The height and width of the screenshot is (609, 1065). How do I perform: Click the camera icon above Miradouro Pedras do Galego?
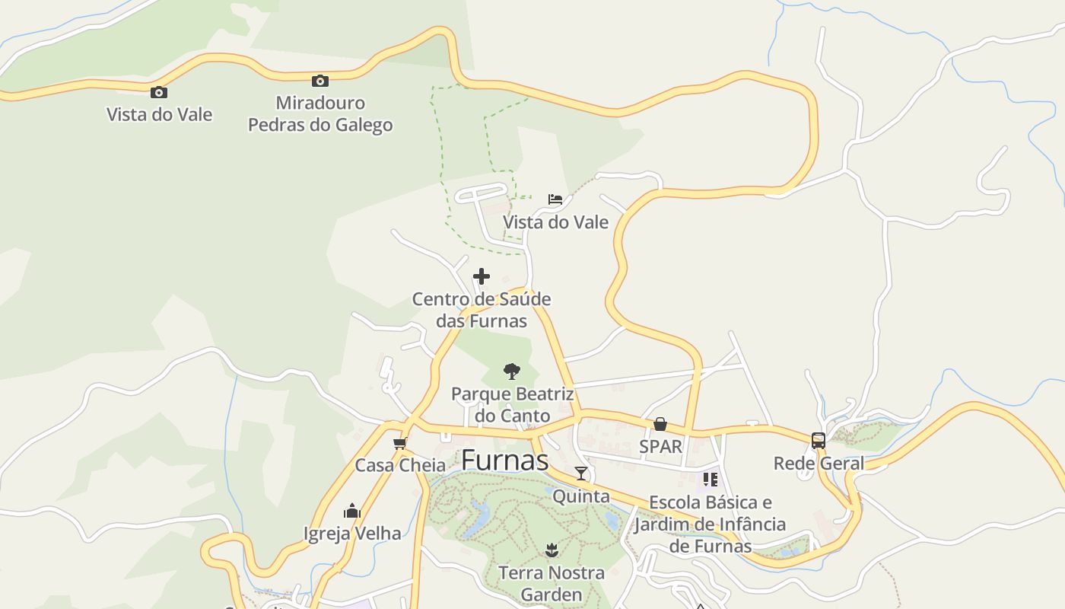tap(320, 81)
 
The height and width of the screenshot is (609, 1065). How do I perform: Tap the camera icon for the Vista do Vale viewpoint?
tap(159, 93)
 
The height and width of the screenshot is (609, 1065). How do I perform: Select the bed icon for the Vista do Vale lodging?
tap(555, 199)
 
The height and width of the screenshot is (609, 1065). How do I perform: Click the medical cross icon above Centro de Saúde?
tap(482, 276)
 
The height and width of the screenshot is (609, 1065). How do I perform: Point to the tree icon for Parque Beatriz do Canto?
tap(512, 371)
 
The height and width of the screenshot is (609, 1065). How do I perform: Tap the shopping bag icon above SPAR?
tap(660, 424)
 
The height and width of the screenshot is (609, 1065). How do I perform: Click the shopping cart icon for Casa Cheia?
tap(399, 443)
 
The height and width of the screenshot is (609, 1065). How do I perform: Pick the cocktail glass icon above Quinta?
tap(581, 473)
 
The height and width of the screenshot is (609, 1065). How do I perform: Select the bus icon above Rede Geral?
tap(819, 441)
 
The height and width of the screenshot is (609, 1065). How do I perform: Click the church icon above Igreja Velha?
tap(352, 510)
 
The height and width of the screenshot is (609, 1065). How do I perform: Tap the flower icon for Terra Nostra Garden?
tap(552, 550)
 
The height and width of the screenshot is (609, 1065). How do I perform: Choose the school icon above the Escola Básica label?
tap(710, 480)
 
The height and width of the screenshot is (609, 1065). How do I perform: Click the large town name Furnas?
tap(504, 461)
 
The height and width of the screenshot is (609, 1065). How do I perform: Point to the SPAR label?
tap(660, 446)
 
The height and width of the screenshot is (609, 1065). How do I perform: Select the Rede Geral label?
tap(819, 463)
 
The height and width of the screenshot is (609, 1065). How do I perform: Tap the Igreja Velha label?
tap(352, 533)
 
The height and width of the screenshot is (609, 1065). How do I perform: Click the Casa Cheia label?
tap(400, 465)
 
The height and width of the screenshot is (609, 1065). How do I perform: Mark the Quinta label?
tap(581, 496)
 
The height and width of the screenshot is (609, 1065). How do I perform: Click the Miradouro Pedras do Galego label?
tap(320, 113)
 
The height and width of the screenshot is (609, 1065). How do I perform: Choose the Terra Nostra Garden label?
tap(552, 582)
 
